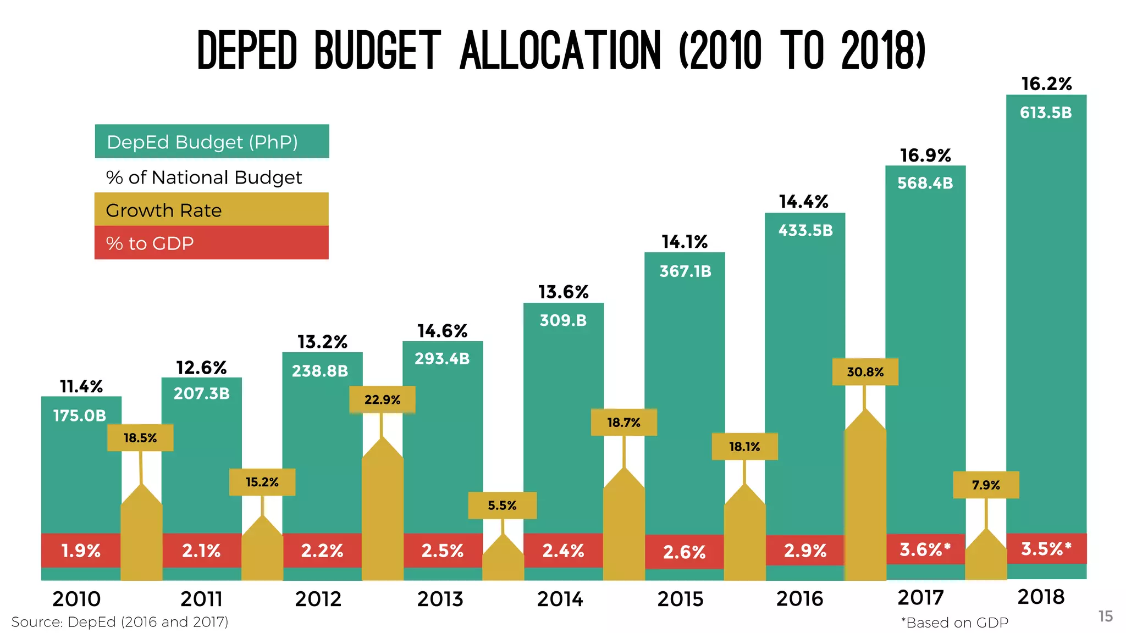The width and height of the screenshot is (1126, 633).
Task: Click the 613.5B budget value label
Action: [1046, 113]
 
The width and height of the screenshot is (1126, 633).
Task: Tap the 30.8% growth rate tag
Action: [865, 372]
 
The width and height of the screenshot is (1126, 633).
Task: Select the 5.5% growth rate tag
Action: [502, 506]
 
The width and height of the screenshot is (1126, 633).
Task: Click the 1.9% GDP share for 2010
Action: [81, 551]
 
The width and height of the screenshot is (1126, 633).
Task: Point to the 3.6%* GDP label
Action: [925, 549]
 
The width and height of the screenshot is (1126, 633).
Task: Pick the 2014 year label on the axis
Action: [560, 599]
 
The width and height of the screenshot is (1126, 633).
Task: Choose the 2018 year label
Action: [1041, 597]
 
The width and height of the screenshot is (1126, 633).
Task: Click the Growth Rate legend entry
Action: [164, 210]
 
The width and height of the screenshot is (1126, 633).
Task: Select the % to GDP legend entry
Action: [150, 243]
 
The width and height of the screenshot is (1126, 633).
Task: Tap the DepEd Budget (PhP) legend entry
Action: [202, 142]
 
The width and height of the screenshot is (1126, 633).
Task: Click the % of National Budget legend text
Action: [204, 177]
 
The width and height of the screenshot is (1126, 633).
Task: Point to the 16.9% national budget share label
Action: [925, 156]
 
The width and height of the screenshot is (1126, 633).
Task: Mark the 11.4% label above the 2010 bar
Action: [81, 387]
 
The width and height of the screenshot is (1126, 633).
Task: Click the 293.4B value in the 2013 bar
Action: [442, 359]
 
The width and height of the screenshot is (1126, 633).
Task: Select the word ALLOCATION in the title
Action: [560, 51]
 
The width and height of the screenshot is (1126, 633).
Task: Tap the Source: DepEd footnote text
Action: [120, 622]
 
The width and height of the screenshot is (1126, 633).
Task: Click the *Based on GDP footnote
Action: [954, 623]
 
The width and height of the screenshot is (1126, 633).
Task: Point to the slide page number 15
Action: [1106, 617]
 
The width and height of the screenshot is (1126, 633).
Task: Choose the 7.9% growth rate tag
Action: [986, 485]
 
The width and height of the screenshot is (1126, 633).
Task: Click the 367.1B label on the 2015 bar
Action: [685, 271]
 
